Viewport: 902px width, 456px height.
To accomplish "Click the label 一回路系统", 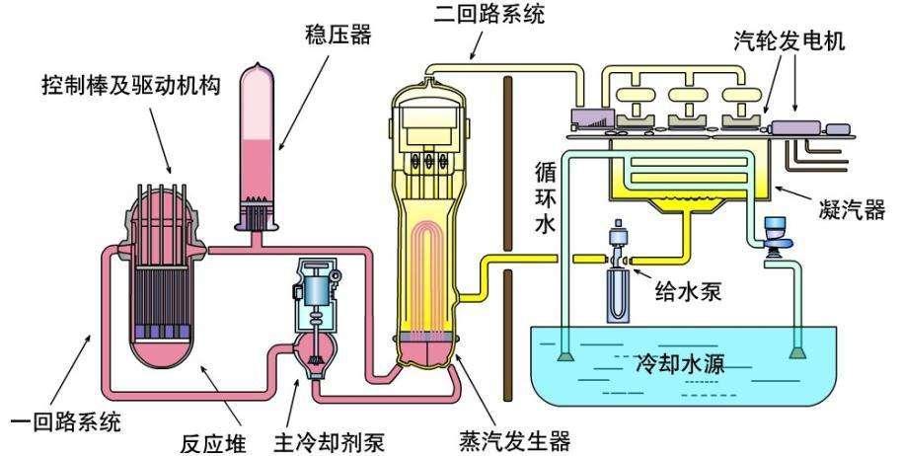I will click(67, 423).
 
